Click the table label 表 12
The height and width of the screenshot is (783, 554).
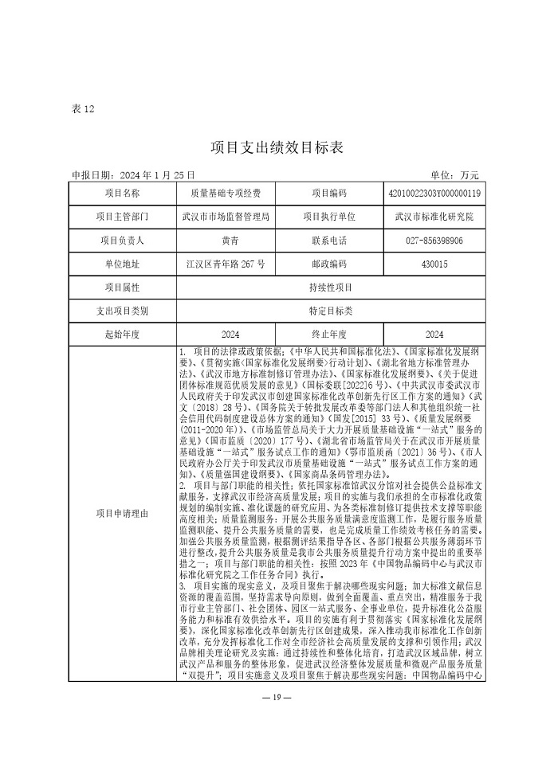coord(83,109)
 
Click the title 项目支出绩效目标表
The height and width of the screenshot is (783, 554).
coord(277,147)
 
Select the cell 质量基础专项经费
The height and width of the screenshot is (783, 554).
coord(226,194)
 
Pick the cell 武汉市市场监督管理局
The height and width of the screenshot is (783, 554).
coord(226,217)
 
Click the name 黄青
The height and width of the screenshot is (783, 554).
coord(226,240)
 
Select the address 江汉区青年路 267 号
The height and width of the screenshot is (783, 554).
coord(226,264)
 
